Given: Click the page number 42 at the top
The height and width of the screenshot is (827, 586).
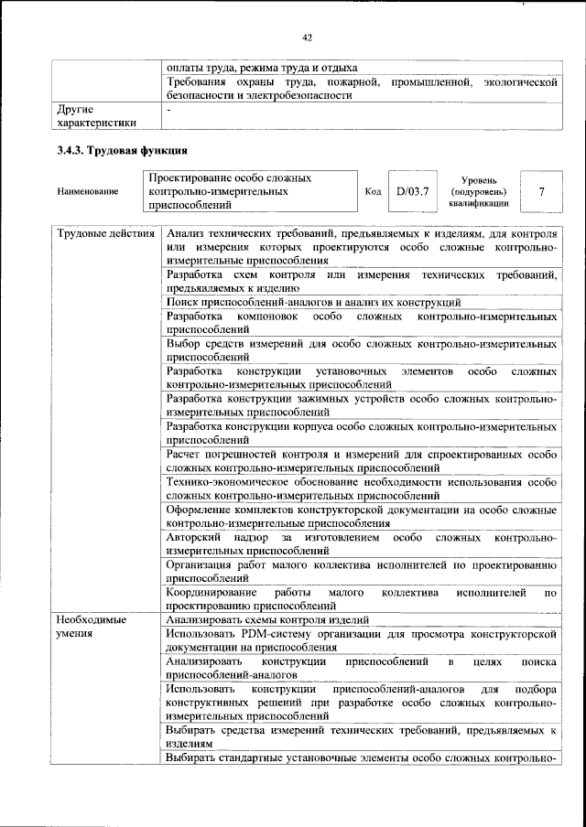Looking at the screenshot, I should (307, 38).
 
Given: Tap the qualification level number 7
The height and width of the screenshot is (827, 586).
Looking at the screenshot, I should (541, 192).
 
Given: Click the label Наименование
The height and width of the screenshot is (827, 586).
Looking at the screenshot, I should (88, 192).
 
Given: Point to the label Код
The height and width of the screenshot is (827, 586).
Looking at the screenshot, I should (373, 192).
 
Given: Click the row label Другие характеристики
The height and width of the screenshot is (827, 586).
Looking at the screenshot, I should (96, 116).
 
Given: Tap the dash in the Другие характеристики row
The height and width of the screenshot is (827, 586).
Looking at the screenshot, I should (169, 110).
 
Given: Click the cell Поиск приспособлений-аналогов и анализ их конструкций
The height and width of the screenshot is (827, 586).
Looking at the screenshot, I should (313, 302).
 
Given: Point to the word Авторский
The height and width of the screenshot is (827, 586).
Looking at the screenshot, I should (192, 538).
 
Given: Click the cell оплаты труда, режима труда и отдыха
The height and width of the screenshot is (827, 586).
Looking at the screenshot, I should (263, 68).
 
